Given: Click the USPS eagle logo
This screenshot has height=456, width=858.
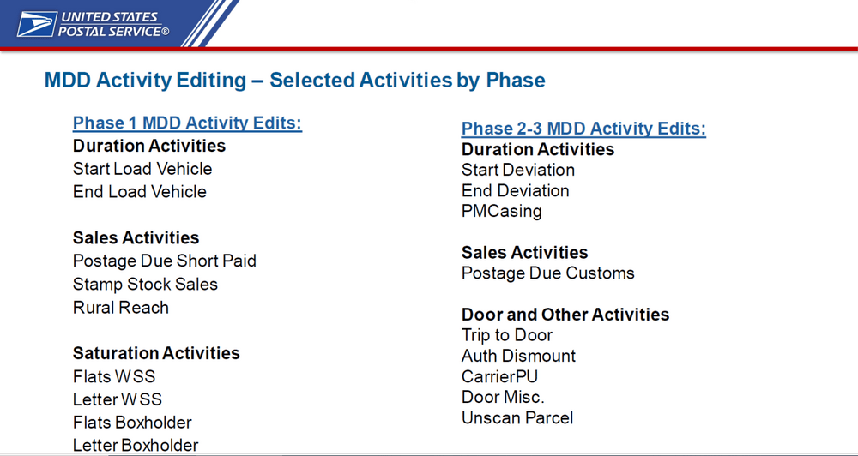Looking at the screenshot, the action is point(37,24).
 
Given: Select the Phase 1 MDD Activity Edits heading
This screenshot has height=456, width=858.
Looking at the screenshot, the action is point(187,123).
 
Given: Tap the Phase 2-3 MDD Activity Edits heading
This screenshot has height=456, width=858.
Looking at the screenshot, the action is point(583,129).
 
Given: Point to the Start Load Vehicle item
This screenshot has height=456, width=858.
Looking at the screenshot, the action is point(142,168).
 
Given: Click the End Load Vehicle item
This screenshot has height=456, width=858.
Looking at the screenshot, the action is point(140,191).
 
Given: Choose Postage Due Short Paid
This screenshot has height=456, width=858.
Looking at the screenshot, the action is point(164,261).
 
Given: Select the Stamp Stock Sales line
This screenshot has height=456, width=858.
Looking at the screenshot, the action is point(145,285).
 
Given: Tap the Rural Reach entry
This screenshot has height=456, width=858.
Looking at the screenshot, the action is point(121,307).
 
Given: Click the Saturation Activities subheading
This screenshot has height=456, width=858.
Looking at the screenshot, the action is point(156,353).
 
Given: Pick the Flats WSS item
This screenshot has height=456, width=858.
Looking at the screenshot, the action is point(114,377).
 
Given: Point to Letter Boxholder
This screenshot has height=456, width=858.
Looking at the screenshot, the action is point(136,445).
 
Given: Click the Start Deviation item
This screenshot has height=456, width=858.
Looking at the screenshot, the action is point(518,170).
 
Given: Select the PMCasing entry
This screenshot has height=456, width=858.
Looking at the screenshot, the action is point(502,212).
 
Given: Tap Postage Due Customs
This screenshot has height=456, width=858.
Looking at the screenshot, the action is point(548,273).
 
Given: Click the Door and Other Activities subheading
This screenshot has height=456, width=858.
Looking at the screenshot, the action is point(565,315).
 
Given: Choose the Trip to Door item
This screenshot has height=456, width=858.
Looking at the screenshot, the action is point(507,335).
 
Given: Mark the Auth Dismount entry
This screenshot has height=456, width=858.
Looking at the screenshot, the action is point(519,356).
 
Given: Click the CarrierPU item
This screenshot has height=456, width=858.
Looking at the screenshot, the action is point(500,377).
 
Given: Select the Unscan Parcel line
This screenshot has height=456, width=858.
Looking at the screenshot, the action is point(517,418).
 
